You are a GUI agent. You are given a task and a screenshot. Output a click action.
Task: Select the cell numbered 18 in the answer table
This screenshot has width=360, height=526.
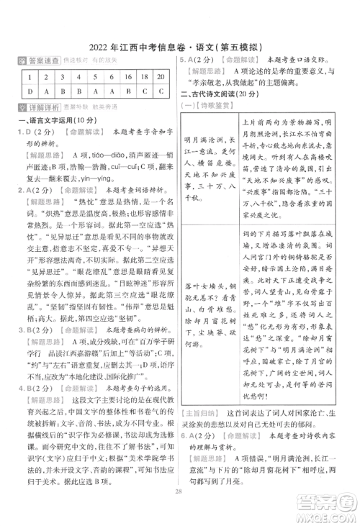click(144, 78)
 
